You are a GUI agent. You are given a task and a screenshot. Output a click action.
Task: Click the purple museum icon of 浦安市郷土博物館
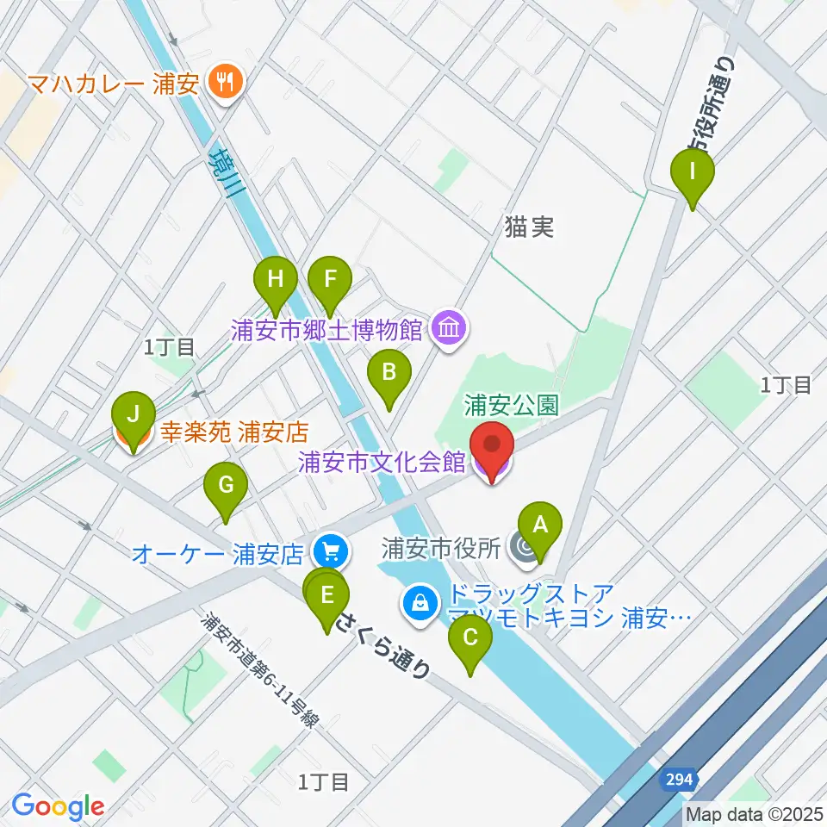point(450,328)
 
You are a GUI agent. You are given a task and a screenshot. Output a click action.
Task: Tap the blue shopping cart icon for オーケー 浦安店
point(331,549)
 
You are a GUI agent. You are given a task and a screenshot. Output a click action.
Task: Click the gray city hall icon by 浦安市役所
point(522,547)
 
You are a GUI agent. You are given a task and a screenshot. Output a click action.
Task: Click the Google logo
point(58,806)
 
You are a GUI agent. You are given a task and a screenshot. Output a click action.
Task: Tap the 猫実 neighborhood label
point(529,227)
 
